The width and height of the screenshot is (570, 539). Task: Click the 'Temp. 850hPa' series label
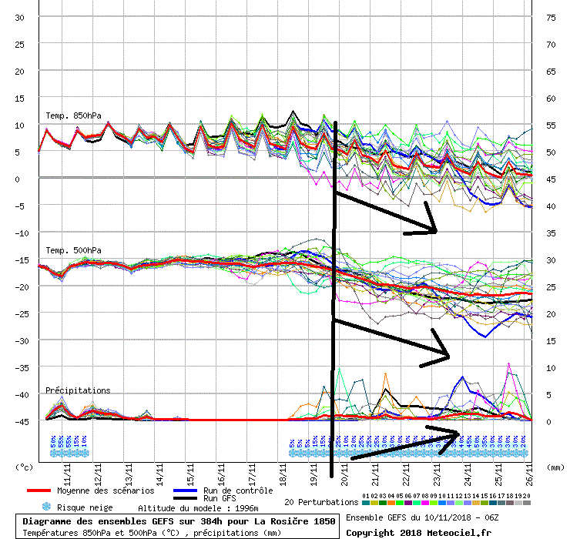tap(73, 116)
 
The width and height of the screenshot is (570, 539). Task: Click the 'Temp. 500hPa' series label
tap(73, 250)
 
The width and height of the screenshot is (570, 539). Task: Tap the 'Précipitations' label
tap(78, 390)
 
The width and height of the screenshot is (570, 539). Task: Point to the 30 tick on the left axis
tap(20, 18)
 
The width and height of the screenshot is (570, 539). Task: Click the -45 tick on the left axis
tap(20, 421)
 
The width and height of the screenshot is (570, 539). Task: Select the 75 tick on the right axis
tap(551, 18)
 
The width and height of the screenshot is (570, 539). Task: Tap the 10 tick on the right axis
tap(551, 368)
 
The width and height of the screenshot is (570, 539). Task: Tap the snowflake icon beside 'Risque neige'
tap(45, 507)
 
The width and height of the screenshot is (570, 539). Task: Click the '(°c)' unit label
tap(25, 467)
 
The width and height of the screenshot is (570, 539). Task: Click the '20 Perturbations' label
tap(321, 502)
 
